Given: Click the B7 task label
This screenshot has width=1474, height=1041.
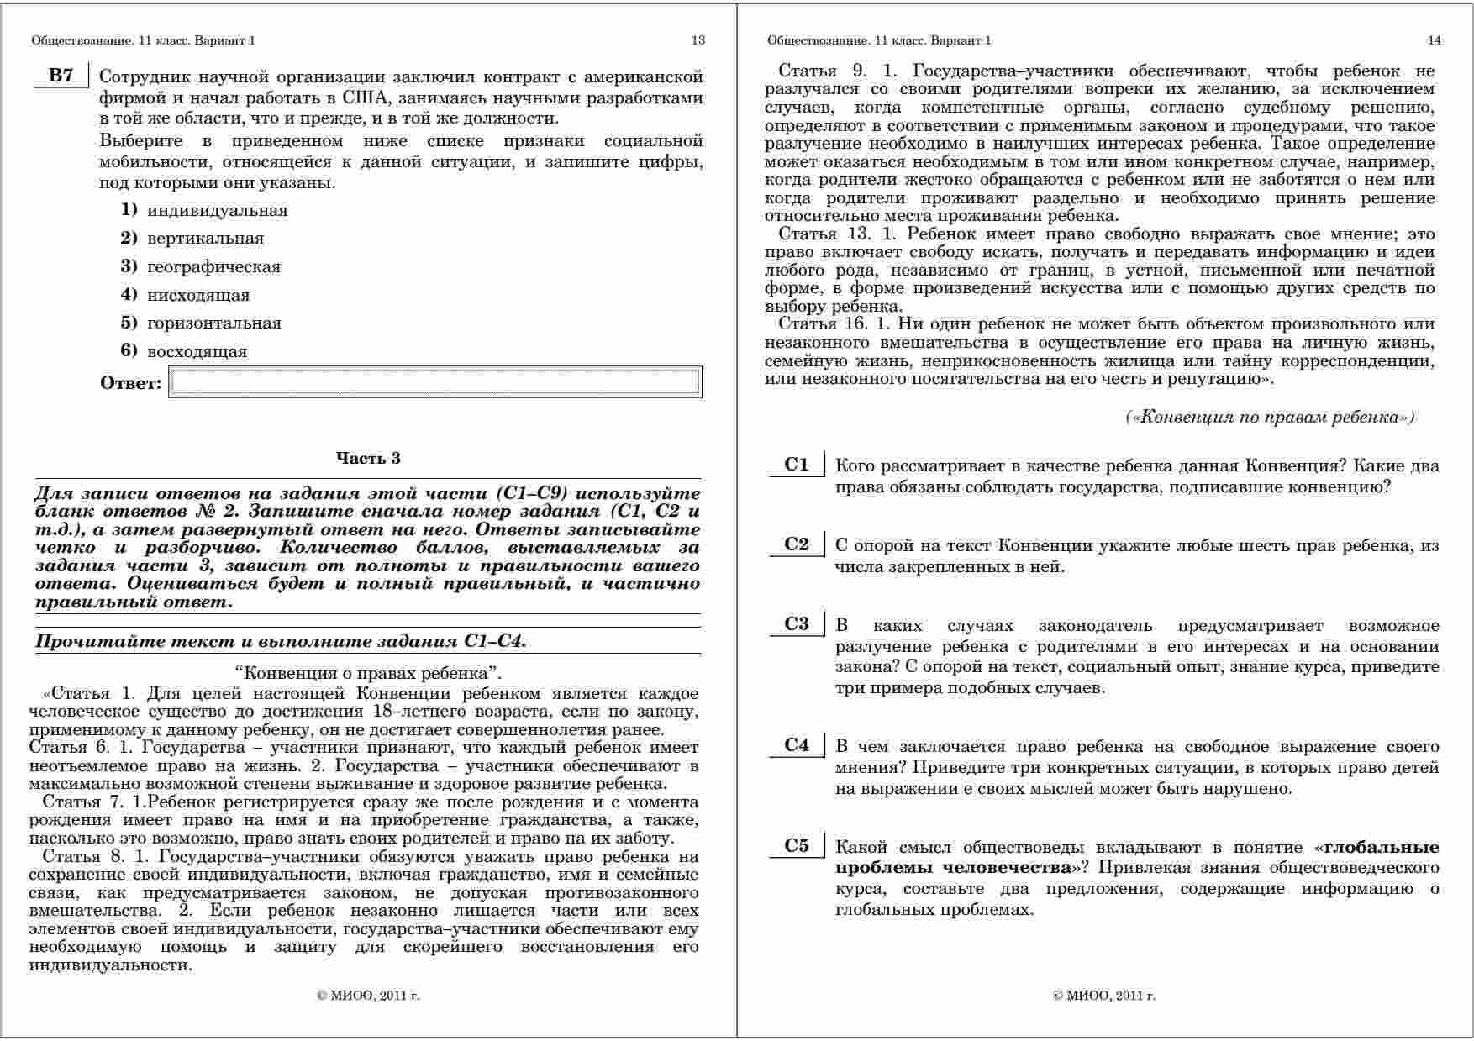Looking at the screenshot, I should point(61,76).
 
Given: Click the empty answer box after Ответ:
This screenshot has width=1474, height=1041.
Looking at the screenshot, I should point(435,382).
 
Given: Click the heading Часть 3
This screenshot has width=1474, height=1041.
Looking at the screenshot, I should point(368,458).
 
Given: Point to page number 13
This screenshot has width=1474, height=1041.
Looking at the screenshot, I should point(698,40).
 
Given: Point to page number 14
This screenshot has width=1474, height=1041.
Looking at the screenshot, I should point(1434,40).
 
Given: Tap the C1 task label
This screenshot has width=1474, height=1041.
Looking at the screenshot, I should point(796,465).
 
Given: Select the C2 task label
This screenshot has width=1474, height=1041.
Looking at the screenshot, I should point(796,544).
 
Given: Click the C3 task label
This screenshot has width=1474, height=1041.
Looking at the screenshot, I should point(796,624).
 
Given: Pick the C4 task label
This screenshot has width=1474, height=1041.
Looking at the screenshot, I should point(796,745).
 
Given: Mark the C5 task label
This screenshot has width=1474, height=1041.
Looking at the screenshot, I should point(796,846).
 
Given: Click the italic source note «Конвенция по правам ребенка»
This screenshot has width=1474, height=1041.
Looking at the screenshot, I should point(1270,417).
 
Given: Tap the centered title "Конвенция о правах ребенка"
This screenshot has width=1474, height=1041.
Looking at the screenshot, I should point(368,673).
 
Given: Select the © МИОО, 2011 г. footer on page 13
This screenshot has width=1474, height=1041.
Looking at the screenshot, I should point(368,996).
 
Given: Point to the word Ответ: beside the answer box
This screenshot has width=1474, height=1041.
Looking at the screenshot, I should point(130,383).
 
